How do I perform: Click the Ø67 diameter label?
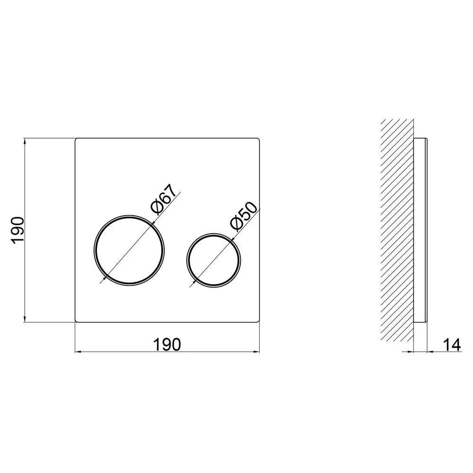(x=163, y=199)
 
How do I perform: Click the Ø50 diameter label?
(x=244, y=216)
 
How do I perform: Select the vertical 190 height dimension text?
(x=18, y=229)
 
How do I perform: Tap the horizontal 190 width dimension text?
(x=167, y=344)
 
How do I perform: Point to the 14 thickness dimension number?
(x=452, y=345)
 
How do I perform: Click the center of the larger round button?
(x=129, y=250)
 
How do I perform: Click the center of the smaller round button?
(x=214, y=260)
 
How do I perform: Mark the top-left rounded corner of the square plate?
(x=76, y=139)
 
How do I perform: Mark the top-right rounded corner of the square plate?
(x=259, y=139)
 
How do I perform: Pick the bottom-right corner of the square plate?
(x=259, y=321)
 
